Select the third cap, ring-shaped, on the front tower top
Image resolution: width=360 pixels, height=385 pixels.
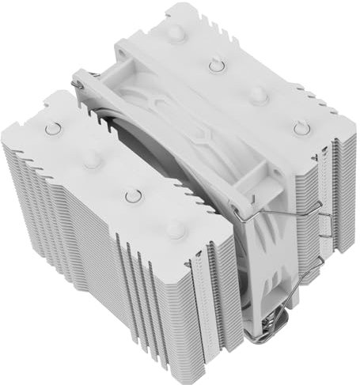[131, 194]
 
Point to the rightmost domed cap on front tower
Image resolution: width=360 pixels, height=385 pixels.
[175, 230]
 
